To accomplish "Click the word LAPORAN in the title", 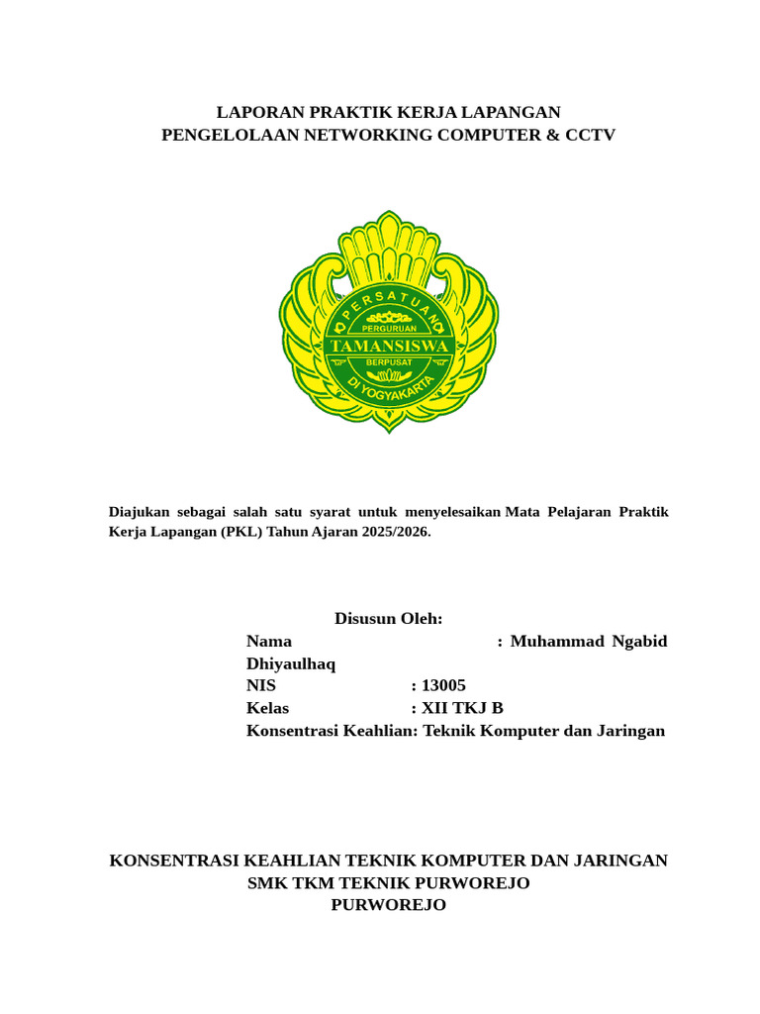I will pyautogui.click(x=250, y=112).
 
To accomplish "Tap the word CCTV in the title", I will pyautogui.click(x=590, y=135).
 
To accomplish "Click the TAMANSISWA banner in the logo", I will pyautogui.click(x=388, y=346).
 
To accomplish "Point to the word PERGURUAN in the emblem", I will pyautogui.click(x=388, y=328).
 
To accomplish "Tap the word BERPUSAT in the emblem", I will pyautogui.click(x=388, y=363).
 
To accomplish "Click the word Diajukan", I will pyautogui.click(x=139, y=512).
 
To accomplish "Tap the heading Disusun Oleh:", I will pyautogui.click(x=388, y=619).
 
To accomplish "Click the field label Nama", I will pyautogui.click(x=269, y=642).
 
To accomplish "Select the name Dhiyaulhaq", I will pyautogui.click(x=291, y=664).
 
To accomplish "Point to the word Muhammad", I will pyautogui.click(x=556, y=642).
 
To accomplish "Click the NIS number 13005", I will pyautogui.click(x=443, y=686).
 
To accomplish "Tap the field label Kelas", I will pyautogui.click(x=267, y=708).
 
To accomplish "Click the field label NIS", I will pyautogui.click(x=261, y=686).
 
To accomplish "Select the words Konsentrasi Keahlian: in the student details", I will pyautogui.click(x=332, y=731).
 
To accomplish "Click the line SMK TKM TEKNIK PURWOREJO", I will pyautogui.click(x=388, y=883).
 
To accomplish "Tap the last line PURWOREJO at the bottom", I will pyautogui.click(x=388, y=905).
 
